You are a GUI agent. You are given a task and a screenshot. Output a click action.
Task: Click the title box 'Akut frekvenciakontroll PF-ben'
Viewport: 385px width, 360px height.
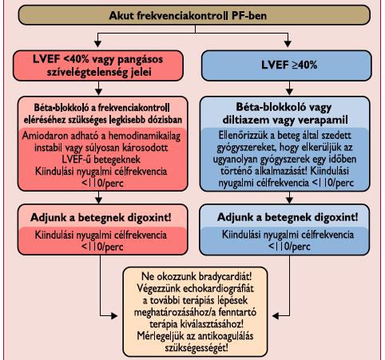click(194, 15)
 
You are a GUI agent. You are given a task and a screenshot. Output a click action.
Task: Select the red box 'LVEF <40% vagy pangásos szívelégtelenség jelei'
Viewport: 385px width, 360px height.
click(98, 65)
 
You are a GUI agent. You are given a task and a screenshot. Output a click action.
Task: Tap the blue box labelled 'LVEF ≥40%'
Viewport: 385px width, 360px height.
click(287, 65)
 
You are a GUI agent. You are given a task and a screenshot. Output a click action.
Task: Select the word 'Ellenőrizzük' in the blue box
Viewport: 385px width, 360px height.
click(245, 136)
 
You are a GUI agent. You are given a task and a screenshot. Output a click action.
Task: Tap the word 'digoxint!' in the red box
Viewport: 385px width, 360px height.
click(149, 218)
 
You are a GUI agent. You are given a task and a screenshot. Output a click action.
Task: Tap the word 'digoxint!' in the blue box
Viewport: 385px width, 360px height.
click(336, 217)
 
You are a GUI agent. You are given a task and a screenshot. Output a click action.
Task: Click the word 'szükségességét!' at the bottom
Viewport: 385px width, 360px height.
click(196, 348)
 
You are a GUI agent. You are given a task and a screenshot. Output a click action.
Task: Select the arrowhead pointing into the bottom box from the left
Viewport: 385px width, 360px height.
click(114, 316)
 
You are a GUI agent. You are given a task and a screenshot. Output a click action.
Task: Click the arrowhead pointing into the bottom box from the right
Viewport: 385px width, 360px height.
click(276, 316)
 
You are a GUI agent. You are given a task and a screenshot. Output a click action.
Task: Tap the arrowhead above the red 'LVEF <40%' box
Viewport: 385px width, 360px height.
click(98, 44)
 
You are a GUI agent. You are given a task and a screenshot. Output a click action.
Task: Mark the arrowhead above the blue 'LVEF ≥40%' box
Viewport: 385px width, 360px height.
click(288, 44)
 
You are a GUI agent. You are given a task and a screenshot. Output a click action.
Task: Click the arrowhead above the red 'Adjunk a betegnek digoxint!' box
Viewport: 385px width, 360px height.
click(99, 200)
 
